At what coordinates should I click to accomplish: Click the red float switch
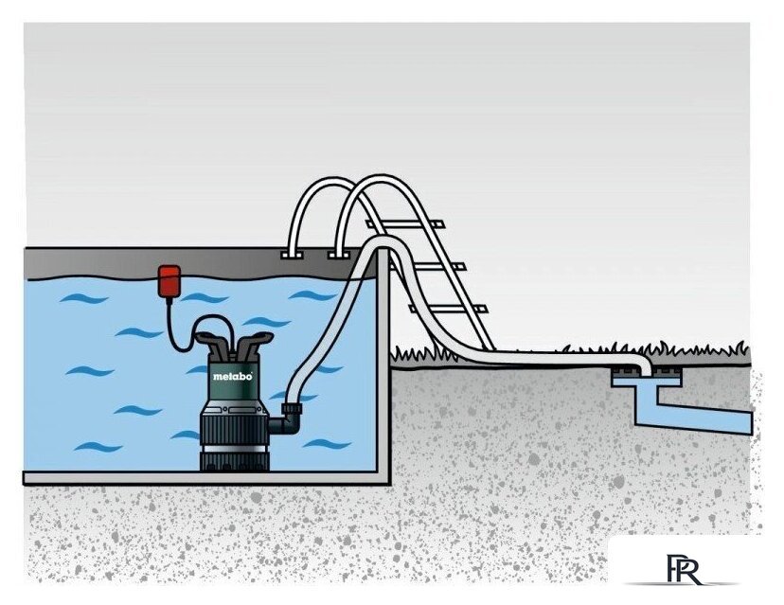(x=169, y=281)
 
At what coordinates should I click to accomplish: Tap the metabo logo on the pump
(x=233, y=376)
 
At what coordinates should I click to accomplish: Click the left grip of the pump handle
(x=210, y=342)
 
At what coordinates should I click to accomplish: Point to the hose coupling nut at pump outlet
(x=292, y=410)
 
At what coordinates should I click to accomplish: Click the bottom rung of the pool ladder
(x=448, y=308)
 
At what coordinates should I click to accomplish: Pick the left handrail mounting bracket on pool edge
(x=293, y=255)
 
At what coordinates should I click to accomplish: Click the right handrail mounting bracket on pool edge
(x=340, y=255)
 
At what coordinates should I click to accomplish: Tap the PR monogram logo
(x=683, y=570)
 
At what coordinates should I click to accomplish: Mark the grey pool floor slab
(x=206, y=478)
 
